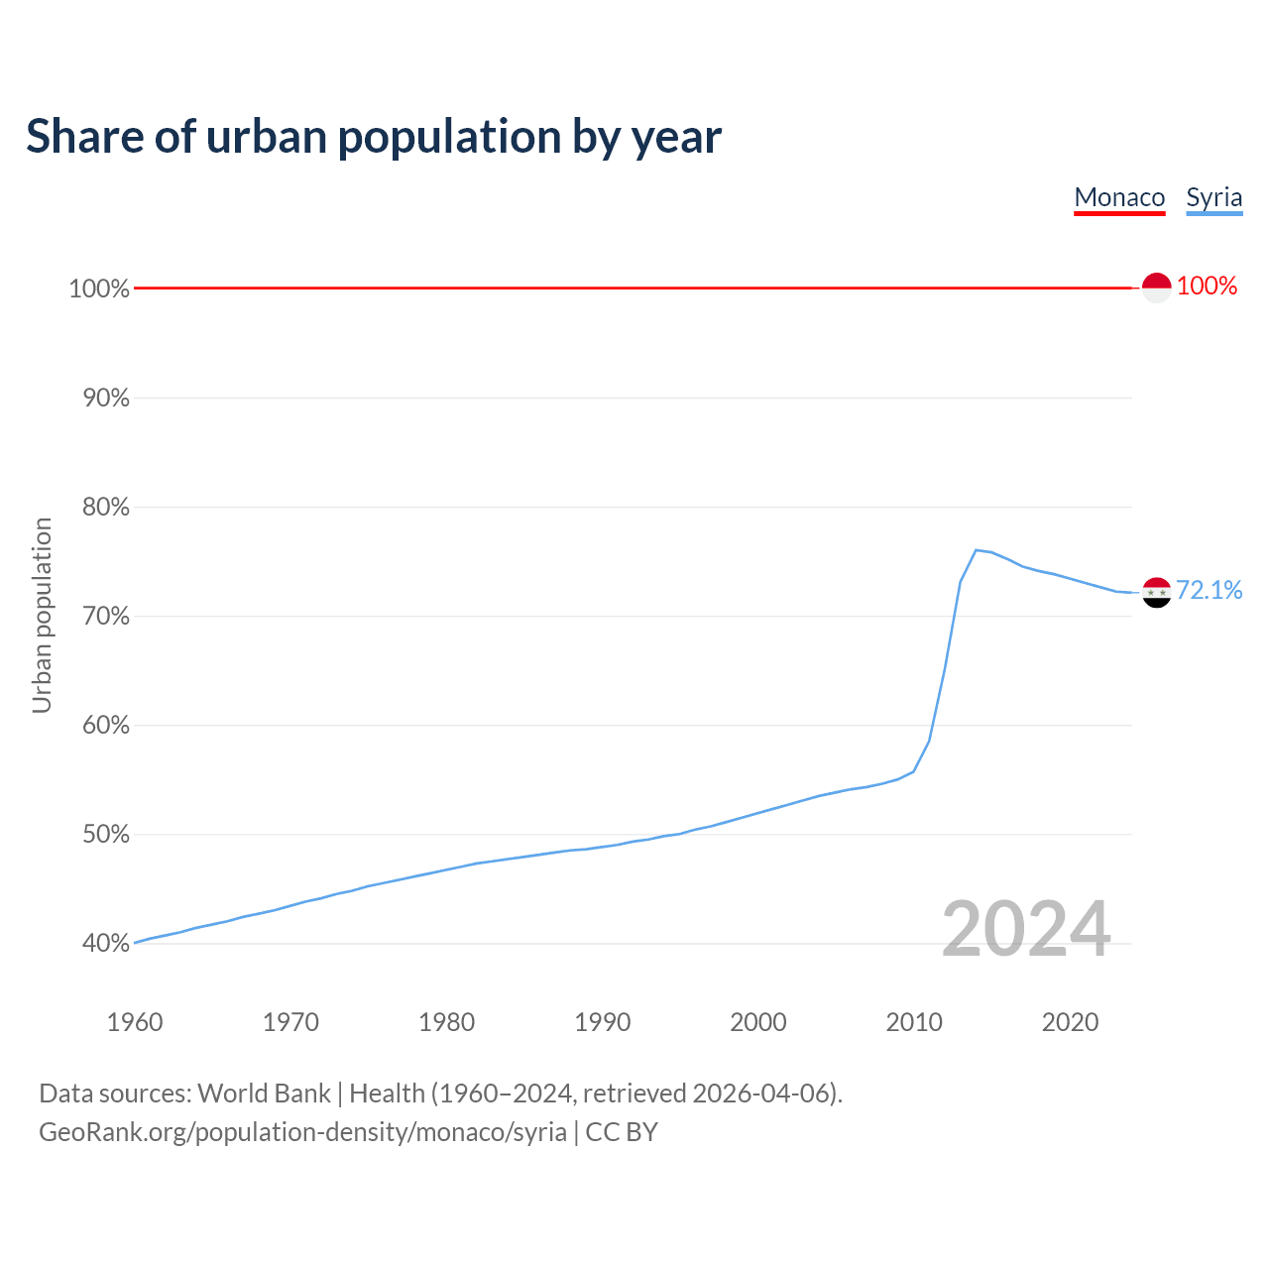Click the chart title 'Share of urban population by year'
[x=374, y=137]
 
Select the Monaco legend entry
[x=1119, y=197]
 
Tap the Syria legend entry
[x=1213, y=197]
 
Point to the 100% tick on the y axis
[x=99, y=288]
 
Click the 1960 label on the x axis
[x=135, y=1022]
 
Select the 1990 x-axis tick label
[x=603, y=1022]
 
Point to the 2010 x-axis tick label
[x=914, y=1022]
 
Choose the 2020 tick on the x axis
[x=1070, y=1022]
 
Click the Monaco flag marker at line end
[x=1156, y=288]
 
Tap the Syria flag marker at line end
[x=1156, y=592]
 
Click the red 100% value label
[x=1207, y=287]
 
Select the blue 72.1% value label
[x=1209, y=591]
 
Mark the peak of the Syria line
[x=977, y=549]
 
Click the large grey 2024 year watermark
[x=1026, y=929]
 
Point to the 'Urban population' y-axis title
[x=42, y=615]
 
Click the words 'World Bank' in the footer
[x=264, y=1094]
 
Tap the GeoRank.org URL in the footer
[x=302, y=1132]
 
